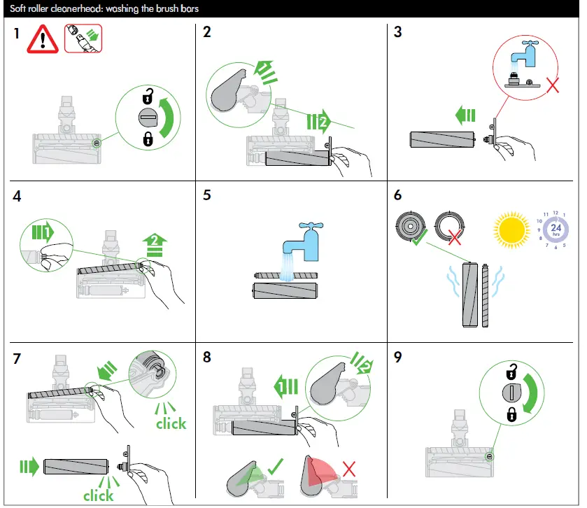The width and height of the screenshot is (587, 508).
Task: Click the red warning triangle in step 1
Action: [x=43, y=41]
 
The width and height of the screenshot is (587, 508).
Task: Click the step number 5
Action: [x=206, y=195]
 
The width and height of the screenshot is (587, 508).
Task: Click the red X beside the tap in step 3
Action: [x=553, y=87]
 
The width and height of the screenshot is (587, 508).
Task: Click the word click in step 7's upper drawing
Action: [x=171, y=423]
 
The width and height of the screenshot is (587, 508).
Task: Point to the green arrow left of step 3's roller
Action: [x=465, y=114]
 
